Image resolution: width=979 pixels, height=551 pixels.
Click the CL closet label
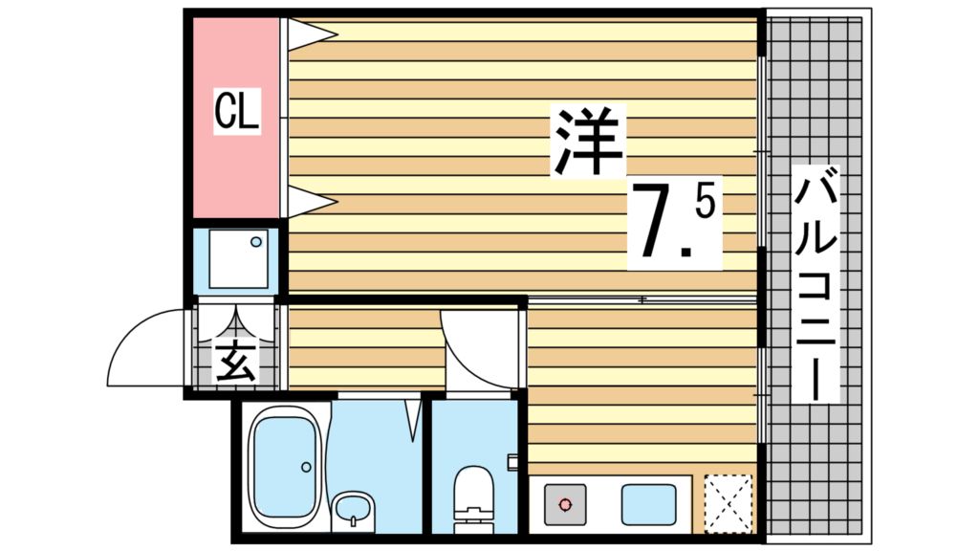tap(236, 112)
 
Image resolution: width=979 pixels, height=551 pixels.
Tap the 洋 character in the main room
tap(587, 142)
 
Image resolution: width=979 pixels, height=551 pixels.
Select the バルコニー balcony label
tap(816, 285)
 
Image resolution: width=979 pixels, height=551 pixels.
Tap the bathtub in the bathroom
tap(284, 466)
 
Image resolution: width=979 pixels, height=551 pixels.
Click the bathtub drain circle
tap(306, 467)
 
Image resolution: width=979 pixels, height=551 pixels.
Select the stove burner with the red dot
tap(565, 502)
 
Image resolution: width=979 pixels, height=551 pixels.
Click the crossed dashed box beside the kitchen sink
tap(728, 501)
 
